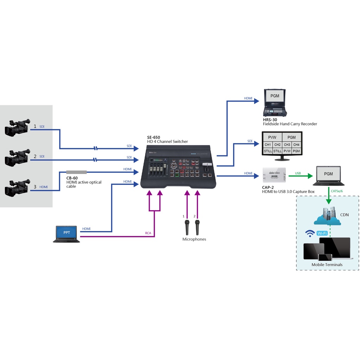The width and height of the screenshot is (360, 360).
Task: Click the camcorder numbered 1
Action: (x=17, y=128)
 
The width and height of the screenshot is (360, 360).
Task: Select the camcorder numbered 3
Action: (x=17, y=188)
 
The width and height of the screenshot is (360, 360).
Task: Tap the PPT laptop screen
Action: (x=66, y=233)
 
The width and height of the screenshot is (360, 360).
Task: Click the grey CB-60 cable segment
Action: (x=76, y=172)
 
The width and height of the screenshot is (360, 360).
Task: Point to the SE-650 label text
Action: (x=154, y=137)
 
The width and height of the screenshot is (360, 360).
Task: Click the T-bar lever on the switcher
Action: (x=207, y=165)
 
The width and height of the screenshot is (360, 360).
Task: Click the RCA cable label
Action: (x=148, y=233)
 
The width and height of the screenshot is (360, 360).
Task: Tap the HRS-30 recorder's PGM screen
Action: (x=275, y=96)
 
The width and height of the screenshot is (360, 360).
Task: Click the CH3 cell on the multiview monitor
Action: (x=287, y=144)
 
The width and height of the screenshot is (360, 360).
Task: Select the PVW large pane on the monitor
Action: (x=272, y=137)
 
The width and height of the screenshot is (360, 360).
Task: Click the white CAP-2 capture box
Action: (x=275, y=175)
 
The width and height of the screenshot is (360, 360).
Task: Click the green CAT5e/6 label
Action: (x=337, y=191)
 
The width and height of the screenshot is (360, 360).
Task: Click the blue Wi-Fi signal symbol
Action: (x=310, y=233)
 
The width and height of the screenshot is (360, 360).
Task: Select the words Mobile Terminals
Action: (x=327, y=265)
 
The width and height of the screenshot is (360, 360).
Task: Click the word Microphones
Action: (x=194, y=239)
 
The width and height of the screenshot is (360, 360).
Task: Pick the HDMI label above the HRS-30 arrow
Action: (x=248, y=98)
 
